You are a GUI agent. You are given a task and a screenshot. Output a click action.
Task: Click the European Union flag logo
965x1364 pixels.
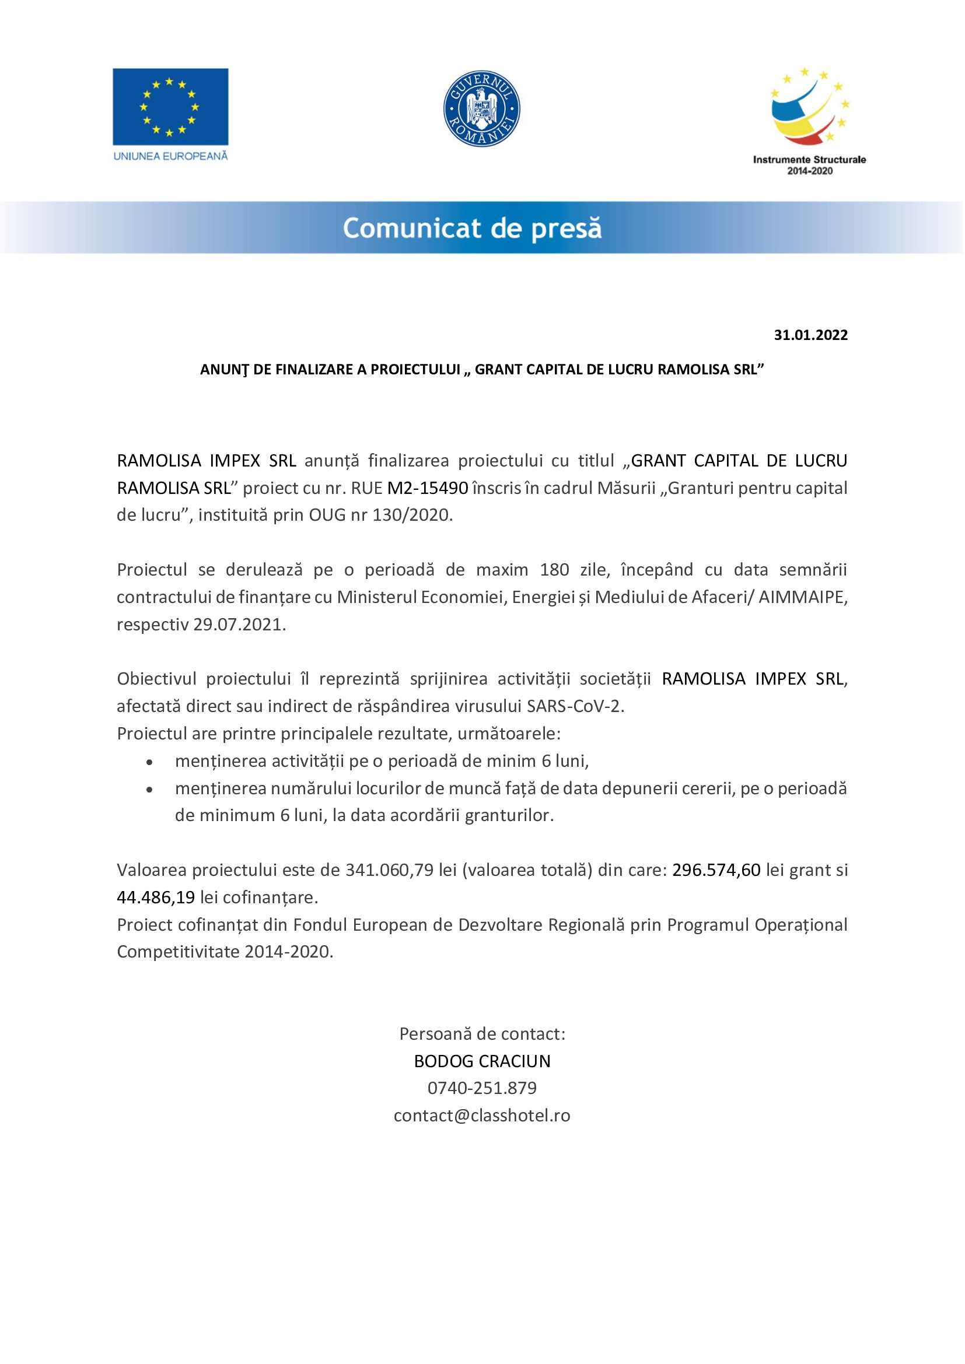(170, 107)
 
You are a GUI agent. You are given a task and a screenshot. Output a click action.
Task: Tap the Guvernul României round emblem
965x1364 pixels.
(482, 108)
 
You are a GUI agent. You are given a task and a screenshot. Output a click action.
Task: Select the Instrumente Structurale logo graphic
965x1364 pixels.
(810, 107)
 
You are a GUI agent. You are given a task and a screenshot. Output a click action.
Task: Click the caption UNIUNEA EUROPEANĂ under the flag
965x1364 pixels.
(170, 156)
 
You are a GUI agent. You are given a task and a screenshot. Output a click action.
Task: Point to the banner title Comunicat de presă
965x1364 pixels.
(473, 229)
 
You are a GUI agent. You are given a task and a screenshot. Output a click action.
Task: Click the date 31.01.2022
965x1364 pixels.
(810, 335)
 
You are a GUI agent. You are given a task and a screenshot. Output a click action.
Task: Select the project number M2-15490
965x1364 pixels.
(428, 488)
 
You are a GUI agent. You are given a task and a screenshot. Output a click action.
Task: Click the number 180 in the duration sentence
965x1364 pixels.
(554, 570)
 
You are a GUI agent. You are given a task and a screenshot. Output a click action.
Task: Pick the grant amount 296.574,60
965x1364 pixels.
(716, 870)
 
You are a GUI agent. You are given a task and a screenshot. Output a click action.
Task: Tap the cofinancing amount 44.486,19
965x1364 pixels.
(156, 897)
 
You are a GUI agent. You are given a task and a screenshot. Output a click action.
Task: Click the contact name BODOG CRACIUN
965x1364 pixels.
(482, 1061)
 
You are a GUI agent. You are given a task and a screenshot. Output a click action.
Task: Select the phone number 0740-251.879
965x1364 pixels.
(482, 1088)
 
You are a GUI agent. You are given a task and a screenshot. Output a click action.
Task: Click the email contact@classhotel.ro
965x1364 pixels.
(482, 1116)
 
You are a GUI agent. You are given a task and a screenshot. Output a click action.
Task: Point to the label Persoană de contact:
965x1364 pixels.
(482, 1034)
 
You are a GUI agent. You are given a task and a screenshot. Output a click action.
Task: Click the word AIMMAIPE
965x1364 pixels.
(802, 597)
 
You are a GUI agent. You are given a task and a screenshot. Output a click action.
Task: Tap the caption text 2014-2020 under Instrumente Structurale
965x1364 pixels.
(810, 171)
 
